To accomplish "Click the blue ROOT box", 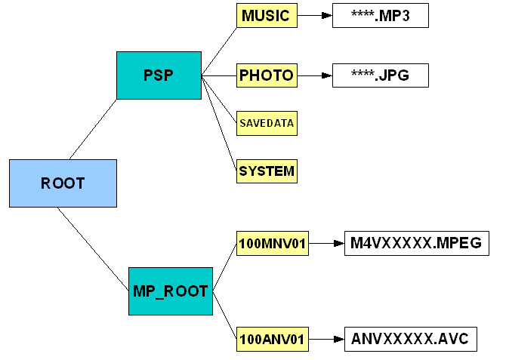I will coord(63,183).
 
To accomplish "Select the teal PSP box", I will coord(159,75).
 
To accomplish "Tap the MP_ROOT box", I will coord(170,291).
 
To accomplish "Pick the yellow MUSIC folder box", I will coord(267,16).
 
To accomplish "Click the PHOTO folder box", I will coord(267,75).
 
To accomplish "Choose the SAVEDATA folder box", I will coord(267,122).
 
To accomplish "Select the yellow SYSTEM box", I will coord(267,171).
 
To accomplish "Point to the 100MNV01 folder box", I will coord(272,244).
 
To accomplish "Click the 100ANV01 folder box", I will coord(272,340).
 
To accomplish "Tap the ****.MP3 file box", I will coord(380,16).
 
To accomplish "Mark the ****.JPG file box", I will coord(380,75).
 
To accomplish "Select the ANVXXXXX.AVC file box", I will coord(410,340).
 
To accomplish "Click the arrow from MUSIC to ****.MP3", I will coord(314,15).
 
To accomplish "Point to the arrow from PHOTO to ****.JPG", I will coord(314,75).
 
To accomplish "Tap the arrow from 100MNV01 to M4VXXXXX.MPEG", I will coord(326,244).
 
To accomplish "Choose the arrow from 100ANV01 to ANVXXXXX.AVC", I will coord(326,340).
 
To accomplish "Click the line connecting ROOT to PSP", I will coord(93,129).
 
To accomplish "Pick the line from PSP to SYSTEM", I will coord(219,121).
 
